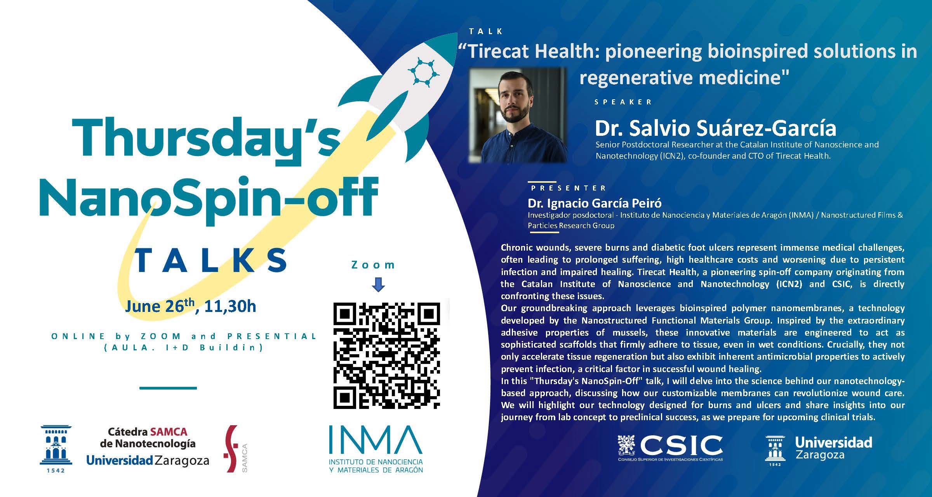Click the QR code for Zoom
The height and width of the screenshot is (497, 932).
coord(387,355)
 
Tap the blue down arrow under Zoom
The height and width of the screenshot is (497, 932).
coord(378,284)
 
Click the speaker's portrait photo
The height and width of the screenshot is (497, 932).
coord(518,115)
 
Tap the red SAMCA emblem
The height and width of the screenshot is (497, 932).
coord(232,448)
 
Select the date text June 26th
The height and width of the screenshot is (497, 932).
coord(160,306)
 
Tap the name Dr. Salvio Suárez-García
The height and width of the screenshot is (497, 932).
coord(715,128)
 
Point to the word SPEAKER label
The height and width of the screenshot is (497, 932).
coord(623,102)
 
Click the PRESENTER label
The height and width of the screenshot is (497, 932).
coord(568,188)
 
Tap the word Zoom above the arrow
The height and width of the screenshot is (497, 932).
coord(373,265)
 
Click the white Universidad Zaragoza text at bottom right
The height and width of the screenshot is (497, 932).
coord(833,448)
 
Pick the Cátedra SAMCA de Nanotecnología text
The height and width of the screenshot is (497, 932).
coord(148,438)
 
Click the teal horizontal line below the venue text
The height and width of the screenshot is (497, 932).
coord(168,388)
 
